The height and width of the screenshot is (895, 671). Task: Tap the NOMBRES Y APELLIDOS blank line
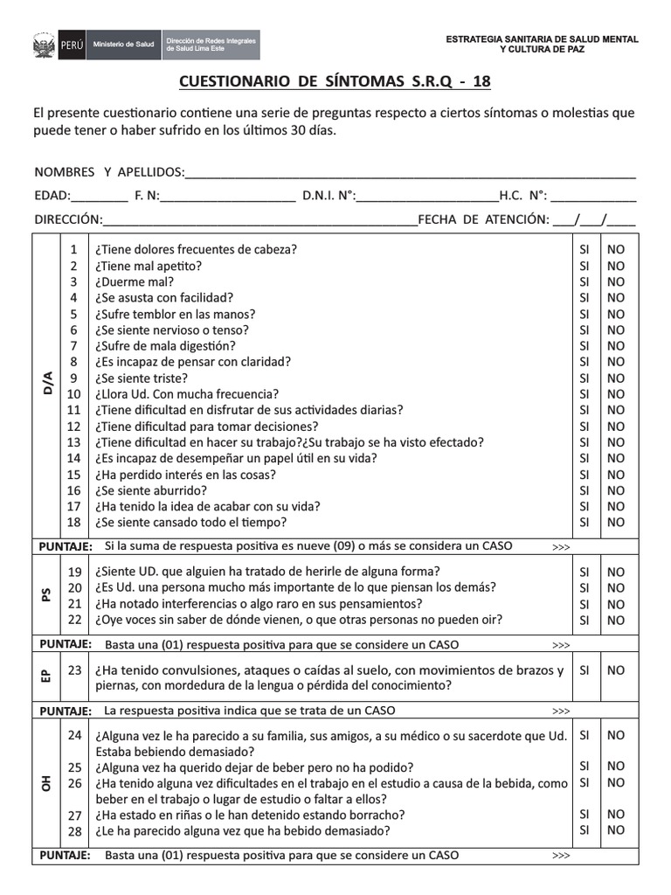tap(411, 171)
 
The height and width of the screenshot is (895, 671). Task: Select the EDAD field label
tap(52, 195)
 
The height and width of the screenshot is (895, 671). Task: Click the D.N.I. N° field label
tap(329, 195)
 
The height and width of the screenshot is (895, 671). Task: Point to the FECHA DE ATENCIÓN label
tap(483, 219)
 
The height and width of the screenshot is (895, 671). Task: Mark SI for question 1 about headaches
tap(585, 250)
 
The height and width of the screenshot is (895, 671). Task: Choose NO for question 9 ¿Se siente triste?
tap(616, 378)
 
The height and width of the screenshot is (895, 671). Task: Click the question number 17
tap(74, 506)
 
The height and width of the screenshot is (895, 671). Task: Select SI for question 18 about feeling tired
tap(585, 523)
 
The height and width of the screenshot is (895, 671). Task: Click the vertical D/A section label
tap(47, 385)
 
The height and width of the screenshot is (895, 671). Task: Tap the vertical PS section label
tap(46, 595)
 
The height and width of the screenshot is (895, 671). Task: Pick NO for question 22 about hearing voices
tap(616, 621)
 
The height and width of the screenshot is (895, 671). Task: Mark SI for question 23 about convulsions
tap(585, 670)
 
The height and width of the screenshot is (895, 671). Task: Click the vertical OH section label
tap(46, 783)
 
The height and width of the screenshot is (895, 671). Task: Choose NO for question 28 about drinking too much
tap(616, 830)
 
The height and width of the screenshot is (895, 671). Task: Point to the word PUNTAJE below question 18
tap(66, 546)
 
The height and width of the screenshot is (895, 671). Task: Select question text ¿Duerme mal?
tap(135, 282)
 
